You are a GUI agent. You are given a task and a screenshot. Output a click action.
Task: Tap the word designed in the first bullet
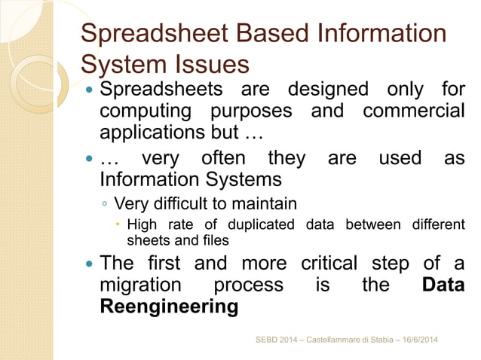click(x=328, y=90)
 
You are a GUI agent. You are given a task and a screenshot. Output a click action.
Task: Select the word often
click(x=228, y=159)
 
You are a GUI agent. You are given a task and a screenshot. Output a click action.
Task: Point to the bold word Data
click(x=443, y=286)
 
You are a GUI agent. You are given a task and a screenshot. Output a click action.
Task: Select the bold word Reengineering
click(x=169, y=307)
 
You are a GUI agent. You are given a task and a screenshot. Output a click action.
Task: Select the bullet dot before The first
click(x=90, y=265)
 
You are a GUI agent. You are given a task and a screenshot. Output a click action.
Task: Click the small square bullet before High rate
click(x=118, y=224)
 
